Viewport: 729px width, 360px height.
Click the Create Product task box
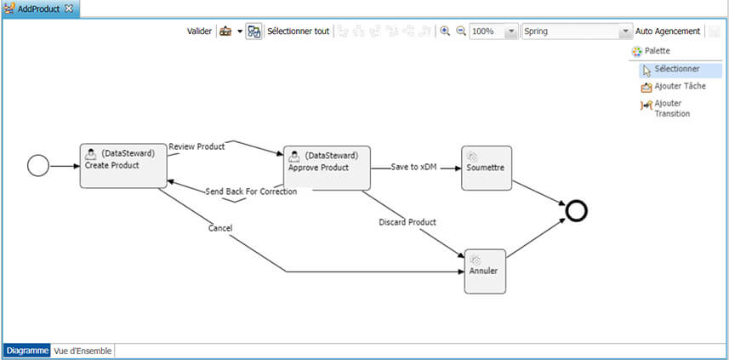(x=118, y=165)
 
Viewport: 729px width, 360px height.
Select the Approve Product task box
(x=327, y=167)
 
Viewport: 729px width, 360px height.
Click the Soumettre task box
(x=487, y=167)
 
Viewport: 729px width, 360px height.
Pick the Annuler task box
(x=485, y=271)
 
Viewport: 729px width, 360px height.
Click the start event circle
(x=38, y=165)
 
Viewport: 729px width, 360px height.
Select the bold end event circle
(x=576, y=209)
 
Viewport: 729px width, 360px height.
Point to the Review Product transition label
(x=196, y=146)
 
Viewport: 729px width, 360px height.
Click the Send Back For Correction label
(x=251, y=191)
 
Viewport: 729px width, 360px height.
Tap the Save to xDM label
(x=413, y=167)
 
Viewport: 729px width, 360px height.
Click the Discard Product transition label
(x=407, y=222)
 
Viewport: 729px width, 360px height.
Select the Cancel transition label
(x=220, y=228)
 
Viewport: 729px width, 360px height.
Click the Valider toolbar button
(x=199, y=31)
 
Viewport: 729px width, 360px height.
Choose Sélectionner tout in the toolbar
(x=298, y=31)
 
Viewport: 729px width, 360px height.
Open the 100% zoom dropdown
(x=510, y=31)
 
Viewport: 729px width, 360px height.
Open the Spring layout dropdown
(x=624, y=31)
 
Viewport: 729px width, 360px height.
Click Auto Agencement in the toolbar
(x=668, y=31)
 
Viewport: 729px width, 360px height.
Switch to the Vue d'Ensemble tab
(x=83, y=351)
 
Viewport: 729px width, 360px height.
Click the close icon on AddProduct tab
(x=69, y=8)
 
